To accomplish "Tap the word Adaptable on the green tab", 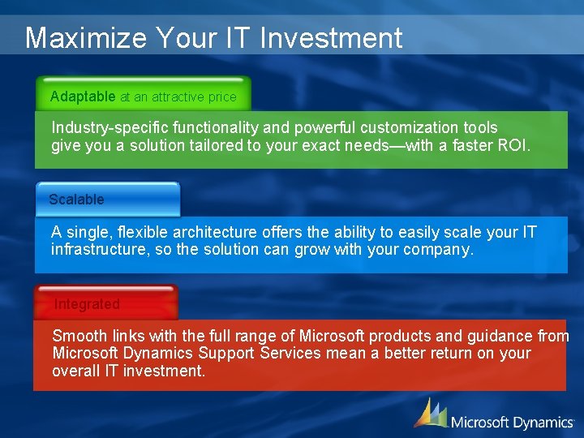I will [83, 97].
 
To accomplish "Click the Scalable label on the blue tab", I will [76, 199].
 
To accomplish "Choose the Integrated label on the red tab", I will [87, 304].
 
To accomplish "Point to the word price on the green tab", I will [222, 97].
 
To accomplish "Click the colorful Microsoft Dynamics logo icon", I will [430, 413].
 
